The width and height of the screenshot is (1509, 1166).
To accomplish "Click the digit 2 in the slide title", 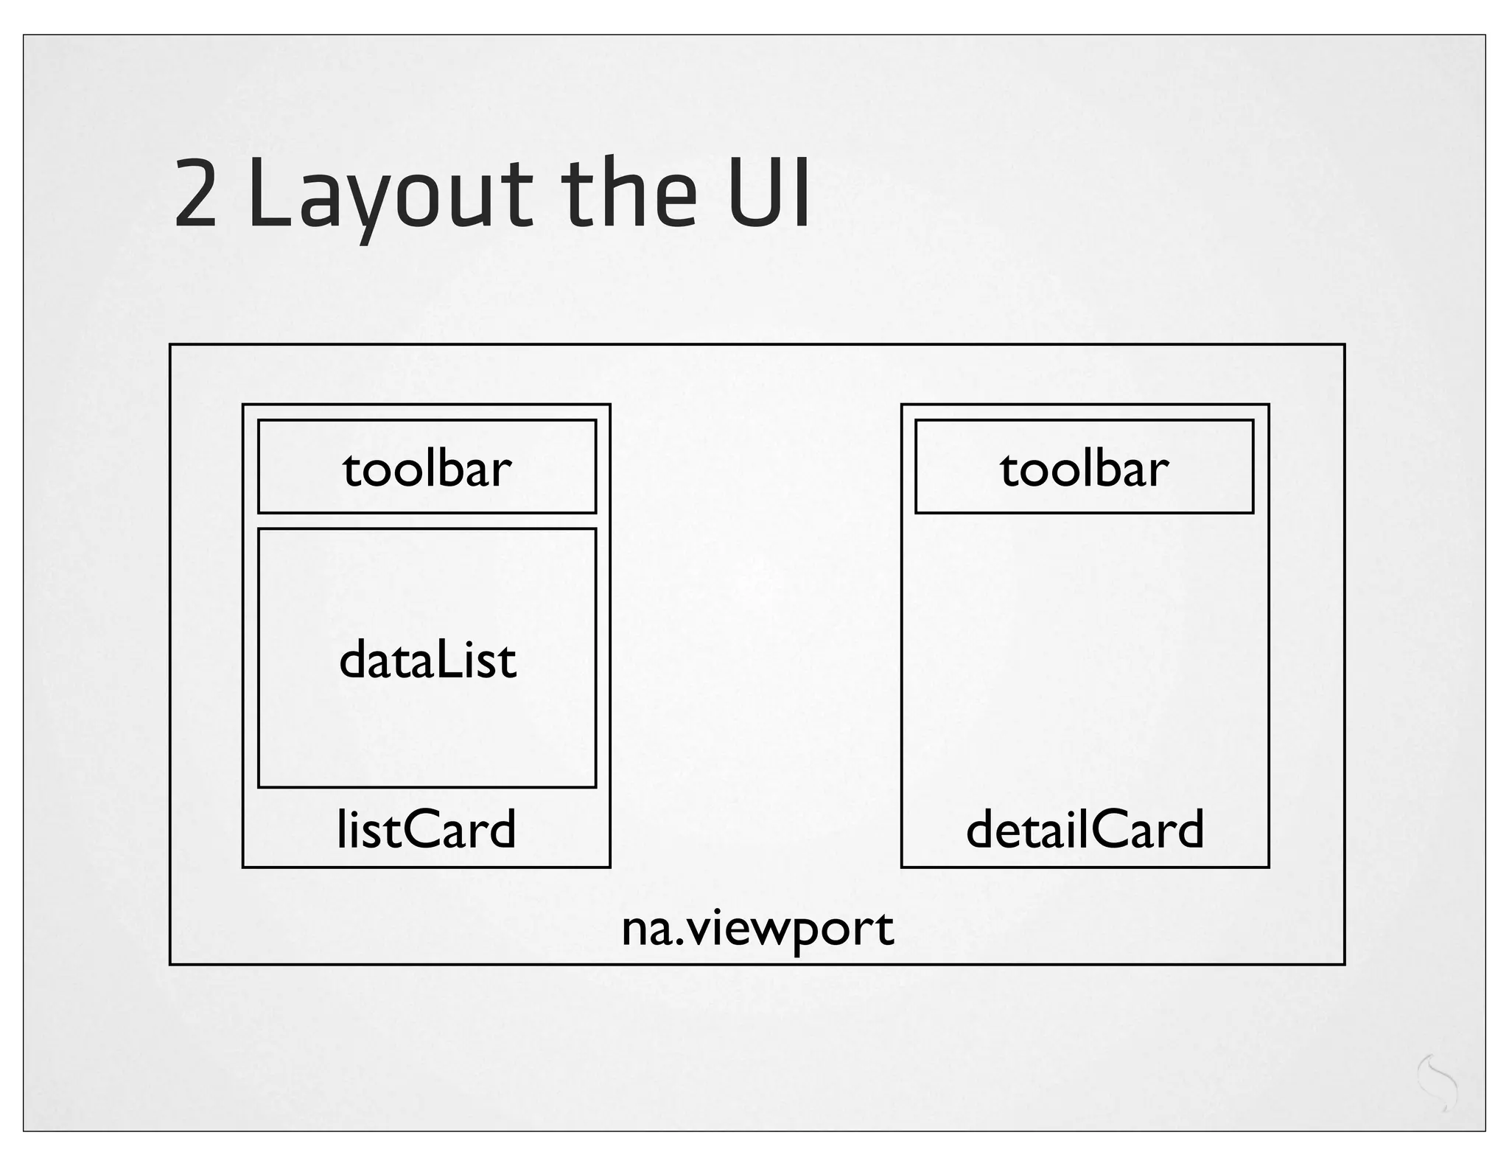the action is (x=195, y=193).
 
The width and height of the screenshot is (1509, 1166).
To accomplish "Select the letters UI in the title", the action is (x=769, y=193).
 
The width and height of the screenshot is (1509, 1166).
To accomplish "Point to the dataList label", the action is (x=427, y=660).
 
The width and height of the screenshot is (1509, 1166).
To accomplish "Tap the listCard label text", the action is (x=427, y=829).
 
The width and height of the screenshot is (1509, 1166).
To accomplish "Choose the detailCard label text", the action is (x=1085, y=829).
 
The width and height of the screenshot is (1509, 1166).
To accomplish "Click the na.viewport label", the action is (x=757, y=929).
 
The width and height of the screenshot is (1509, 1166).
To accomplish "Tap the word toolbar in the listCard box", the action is (x=427, y=469).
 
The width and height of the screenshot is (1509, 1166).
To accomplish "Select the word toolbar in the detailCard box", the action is (x=1084, y=469).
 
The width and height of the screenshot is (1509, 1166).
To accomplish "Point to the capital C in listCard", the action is (x=418, y=830).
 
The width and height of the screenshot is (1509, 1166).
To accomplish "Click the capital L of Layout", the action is (x=268, y=193).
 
